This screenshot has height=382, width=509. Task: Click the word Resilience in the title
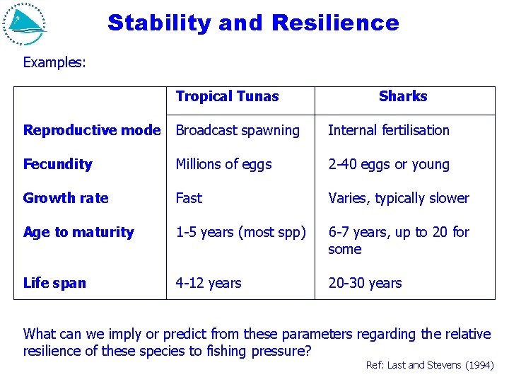[x=335, y=23]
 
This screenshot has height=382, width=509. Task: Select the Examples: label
[x=54, y=62]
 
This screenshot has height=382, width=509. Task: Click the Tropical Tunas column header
[x=227, y=97]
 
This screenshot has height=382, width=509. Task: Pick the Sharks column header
[x=403, y=97]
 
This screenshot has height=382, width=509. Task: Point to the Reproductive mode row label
[x=92, y=130]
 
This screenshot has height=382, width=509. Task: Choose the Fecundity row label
[x=58, y=164]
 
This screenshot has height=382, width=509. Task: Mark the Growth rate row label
[x=66, y=198]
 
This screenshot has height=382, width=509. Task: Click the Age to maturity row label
[x=78, y=232]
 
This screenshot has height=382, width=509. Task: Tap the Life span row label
[x=54, y=283]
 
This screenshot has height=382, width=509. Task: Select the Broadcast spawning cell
[x=238, y=130]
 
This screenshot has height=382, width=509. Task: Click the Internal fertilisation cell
[x=389, y=130]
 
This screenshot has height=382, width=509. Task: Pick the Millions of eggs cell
[x=223, y=164]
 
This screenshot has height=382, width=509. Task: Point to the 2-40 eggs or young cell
[x=389, y=164]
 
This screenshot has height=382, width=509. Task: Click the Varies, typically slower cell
[x=399, y=198]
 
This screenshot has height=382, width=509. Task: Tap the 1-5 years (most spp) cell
[x=240, y=232]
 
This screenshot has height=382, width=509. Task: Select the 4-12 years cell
[x=209, y=283]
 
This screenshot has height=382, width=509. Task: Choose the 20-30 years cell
[x=365, y=283]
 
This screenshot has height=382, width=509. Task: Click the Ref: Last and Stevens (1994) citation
[x=430, y=365]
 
